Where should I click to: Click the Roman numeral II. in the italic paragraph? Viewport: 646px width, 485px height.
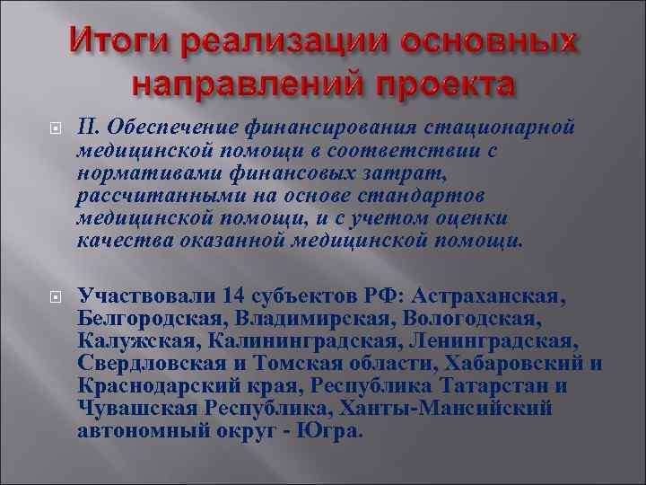coord(92,130)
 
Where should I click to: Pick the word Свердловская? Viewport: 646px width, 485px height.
coord(146,364)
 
